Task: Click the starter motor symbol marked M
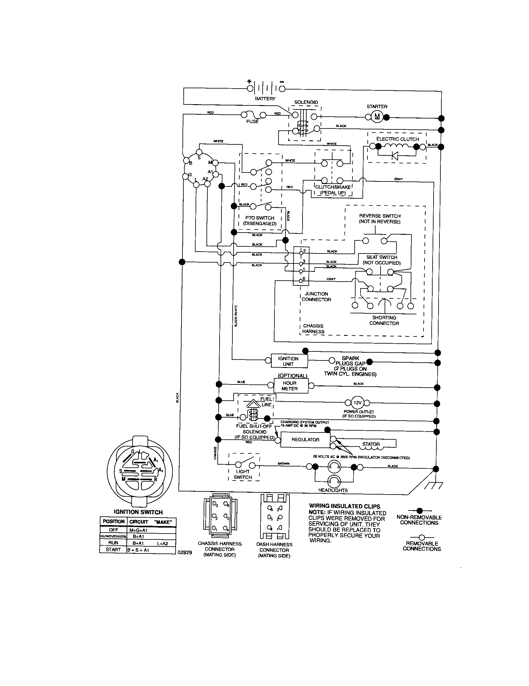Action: coord(377,117)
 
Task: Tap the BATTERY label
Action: coord(265,99)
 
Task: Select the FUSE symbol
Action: coord(252,115)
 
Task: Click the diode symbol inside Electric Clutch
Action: coord(395,156)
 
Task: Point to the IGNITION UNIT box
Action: coord(288,361)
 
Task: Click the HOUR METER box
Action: coord(289,386)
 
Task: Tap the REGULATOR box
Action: coord(305,439)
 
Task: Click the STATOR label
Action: coord(371,444)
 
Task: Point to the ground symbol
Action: coord(433,486)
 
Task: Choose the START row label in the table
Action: coord(113,549)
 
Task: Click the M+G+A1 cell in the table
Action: coord(138,530)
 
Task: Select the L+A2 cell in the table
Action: coord(163,543)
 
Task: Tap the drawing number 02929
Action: coord(185,553)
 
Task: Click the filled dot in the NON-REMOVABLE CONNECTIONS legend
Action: coord(420,511)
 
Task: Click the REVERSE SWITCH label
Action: coord(380,216)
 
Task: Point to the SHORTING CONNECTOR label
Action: coord(384,320)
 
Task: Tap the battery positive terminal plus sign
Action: coord(250,81)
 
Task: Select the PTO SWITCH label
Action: coord(260,218)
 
